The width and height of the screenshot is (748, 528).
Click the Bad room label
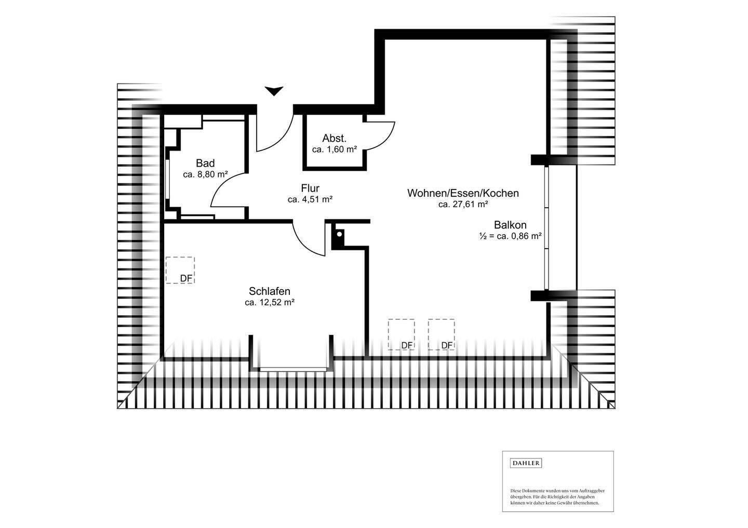click(205, 163)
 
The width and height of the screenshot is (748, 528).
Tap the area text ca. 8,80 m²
click(205, 174)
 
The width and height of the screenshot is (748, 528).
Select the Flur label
click(310, 188)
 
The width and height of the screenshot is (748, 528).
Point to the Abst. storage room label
click(335, 138)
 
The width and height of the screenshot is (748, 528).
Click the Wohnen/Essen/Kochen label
click(463, 193)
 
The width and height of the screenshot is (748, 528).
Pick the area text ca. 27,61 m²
click(463, 204)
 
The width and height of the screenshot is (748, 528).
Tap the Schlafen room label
click(270, 291)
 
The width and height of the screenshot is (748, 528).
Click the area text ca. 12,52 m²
click(270, 302)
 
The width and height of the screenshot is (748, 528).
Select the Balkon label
click(510, 225)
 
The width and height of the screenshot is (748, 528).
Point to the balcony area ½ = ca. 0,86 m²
click(510, 236)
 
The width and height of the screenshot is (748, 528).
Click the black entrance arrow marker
click(274, 91)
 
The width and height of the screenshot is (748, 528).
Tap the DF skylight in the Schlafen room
click(180, 270)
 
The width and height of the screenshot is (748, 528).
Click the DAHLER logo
click(526, 463)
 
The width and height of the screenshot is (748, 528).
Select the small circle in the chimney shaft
click(339, 234)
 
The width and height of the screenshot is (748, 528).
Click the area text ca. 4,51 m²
click(310, 199)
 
